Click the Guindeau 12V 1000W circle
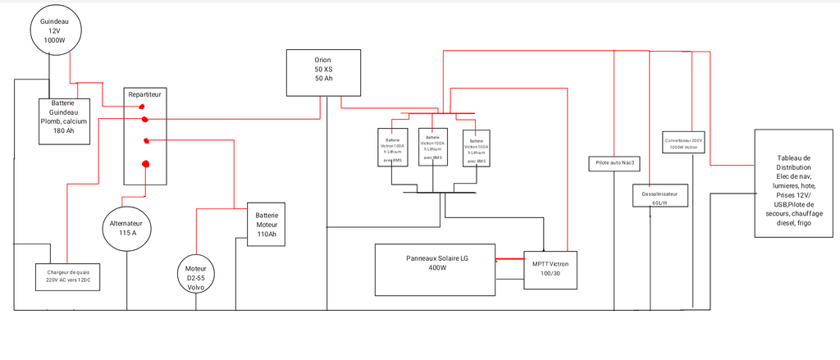(x=54, y=30)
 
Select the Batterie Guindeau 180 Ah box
(x=65, y=121)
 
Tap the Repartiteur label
(x=145, y=94)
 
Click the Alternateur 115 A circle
(x=126, y=228)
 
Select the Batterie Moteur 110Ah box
(x=266, y=223)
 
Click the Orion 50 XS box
(x=322, y=71)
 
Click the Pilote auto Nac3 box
(x=614, y=163)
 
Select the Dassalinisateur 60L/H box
(x=660, y=196)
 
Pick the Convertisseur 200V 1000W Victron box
(x=684, y=143)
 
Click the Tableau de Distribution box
(x=792, y=183)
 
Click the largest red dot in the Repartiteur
(x=146, y=164)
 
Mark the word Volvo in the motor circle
(x=196, y=288)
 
